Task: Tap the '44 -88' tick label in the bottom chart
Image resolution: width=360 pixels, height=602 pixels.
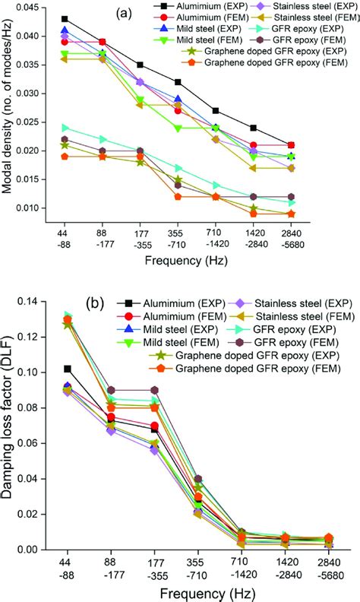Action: tap(65, 569)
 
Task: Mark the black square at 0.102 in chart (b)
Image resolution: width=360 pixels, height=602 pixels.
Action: tap(65, 369)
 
